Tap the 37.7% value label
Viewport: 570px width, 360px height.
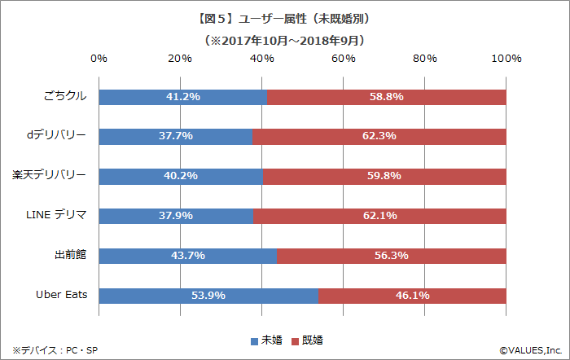tap(176, 136)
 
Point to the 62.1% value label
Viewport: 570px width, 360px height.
tap(380, 216)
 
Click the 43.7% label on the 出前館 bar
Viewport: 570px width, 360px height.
tap(188, 256)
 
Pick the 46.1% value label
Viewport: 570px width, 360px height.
tap(412, 296)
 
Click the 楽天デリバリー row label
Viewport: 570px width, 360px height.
tap(50, 175)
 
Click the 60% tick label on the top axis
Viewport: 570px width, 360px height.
tap(343, 59)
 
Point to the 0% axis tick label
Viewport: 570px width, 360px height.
tap(99, 59)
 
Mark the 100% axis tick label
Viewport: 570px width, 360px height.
tap(506, 59)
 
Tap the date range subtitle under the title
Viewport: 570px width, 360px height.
tap(285, 39)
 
